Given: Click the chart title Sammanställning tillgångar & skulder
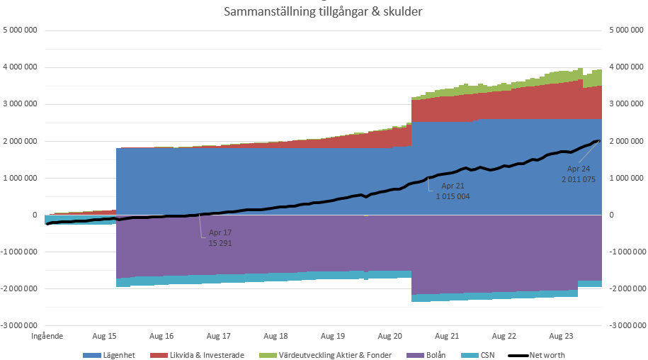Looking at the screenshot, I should [323, 12].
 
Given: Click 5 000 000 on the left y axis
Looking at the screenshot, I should [21, 30].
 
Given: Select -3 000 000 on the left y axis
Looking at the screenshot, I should [20, 325].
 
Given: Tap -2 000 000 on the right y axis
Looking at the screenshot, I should [626, 288].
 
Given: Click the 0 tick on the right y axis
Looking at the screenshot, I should [612, 215].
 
